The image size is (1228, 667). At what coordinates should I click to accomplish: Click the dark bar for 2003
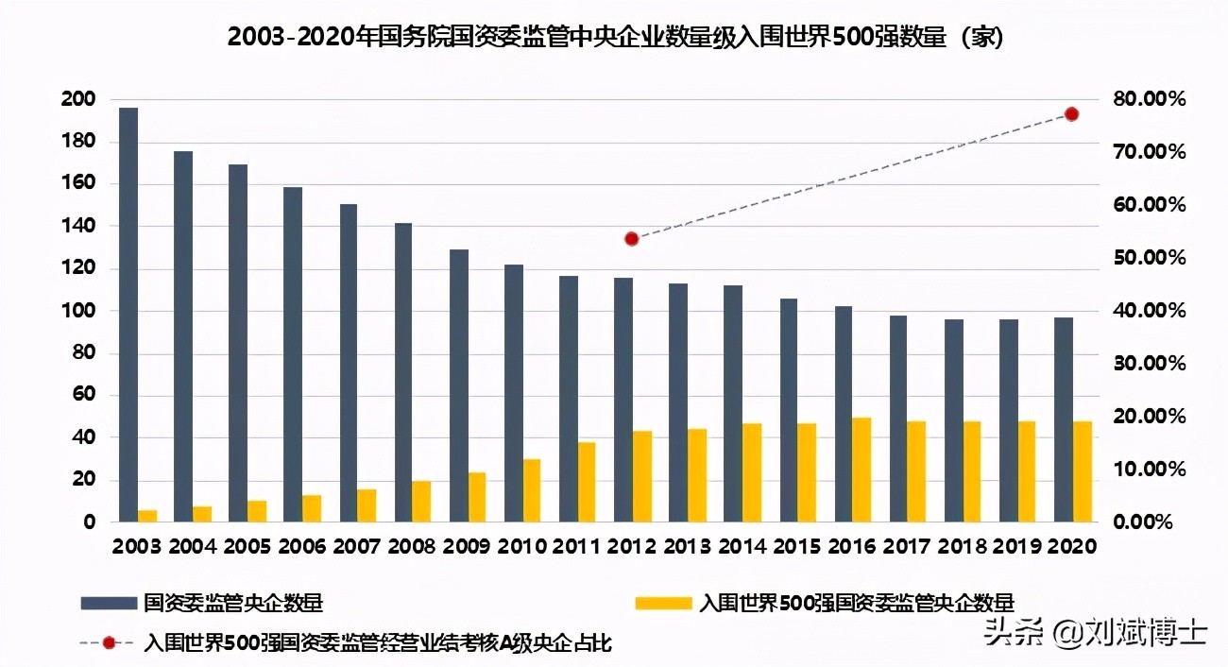tap(128, 315)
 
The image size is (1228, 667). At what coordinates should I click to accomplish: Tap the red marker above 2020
tap(1071, 114)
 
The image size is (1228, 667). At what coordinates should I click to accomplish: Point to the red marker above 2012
tap(632, 239)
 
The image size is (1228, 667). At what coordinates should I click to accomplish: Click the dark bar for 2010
tap(514, 393)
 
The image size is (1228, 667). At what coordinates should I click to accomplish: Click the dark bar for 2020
tap(1063, 419)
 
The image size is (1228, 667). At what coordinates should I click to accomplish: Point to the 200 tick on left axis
tap(77, 100)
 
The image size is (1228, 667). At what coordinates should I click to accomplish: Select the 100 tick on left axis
tap(77, 311)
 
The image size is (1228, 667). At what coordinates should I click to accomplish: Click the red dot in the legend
tap(109, 643)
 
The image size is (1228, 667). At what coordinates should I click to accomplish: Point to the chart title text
tap(614, 38)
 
